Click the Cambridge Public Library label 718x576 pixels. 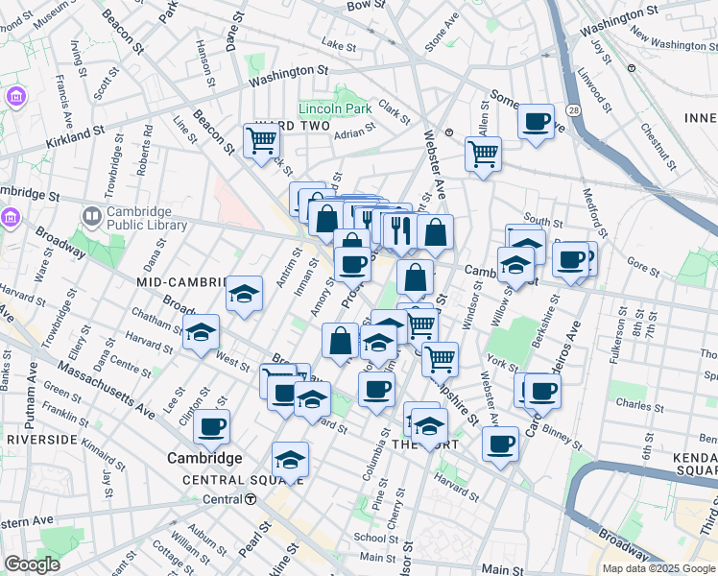140,220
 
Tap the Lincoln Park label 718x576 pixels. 333,108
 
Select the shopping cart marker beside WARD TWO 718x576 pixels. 261,141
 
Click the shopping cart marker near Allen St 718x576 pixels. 483,154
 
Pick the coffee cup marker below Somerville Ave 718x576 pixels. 536,123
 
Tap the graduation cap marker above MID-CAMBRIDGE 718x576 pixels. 245,294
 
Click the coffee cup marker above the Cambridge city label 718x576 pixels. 211,427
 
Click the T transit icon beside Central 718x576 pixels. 251,499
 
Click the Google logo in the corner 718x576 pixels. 32,564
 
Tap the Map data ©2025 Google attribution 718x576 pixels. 658,568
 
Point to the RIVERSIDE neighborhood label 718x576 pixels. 41,439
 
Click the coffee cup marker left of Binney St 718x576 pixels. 500,444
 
